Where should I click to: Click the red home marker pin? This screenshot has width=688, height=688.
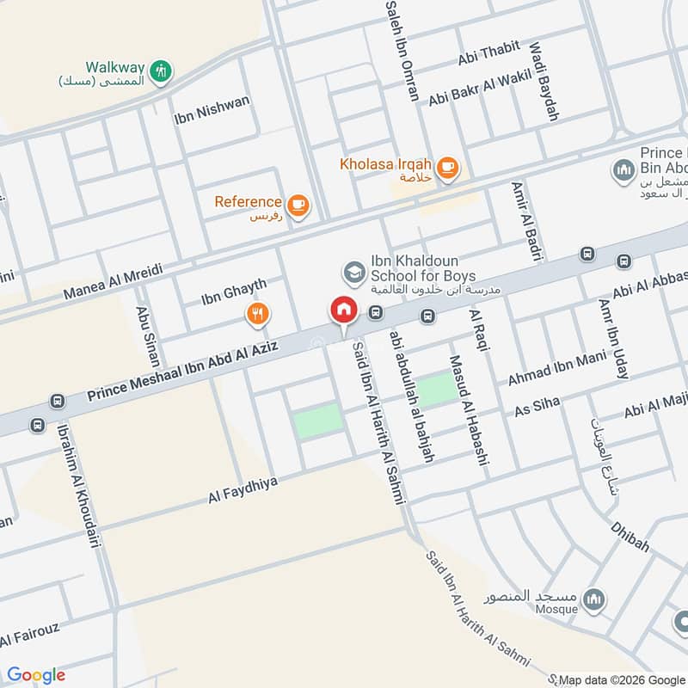tap(343, 311)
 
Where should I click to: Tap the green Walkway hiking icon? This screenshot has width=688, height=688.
tap(160, 72)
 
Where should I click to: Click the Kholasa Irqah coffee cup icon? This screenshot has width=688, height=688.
tap(446, 169)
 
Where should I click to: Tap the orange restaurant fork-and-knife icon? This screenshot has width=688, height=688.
tap(257, 315)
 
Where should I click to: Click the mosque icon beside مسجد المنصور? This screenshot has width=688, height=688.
tap(594, 597)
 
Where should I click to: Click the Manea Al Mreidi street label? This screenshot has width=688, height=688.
tap(113, 282)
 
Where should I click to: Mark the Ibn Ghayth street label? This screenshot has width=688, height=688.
tap(233, 292)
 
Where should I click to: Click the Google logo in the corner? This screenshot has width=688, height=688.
tap(36, 674)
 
